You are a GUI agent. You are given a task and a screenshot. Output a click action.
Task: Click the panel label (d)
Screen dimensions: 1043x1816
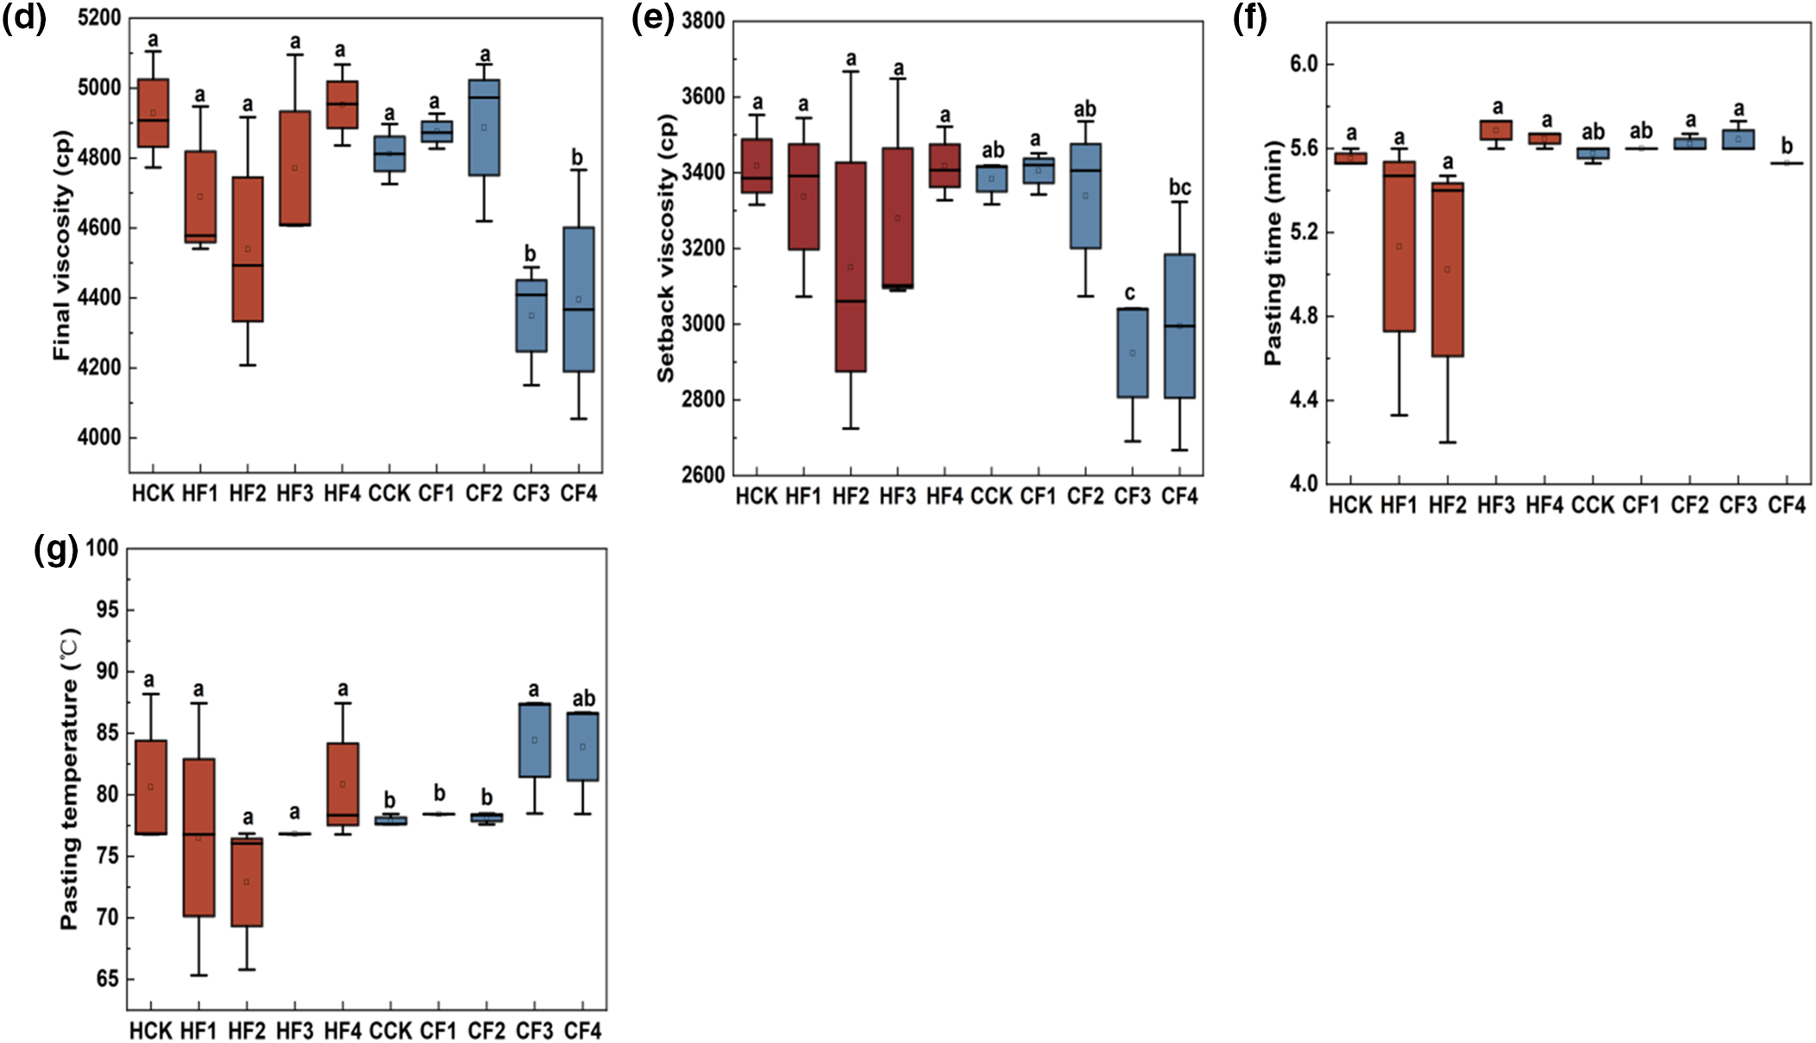click(23, 18)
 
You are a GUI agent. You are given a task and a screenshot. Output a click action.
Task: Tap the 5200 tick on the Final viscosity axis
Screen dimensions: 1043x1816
click(99, 18)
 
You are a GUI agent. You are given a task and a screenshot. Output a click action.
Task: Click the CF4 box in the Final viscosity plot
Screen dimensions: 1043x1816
click(578, 299)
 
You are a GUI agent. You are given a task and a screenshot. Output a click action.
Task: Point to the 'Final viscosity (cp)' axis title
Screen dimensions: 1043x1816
click(61, 246)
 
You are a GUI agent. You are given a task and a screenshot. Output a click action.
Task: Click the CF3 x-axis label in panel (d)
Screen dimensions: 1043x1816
click(531, 493)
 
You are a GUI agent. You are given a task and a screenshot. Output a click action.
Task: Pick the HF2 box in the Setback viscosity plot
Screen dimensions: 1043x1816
click(851, 267)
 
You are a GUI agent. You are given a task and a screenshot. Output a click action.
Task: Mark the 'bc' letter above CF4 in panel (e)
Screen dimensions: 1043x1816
click(1179, 187)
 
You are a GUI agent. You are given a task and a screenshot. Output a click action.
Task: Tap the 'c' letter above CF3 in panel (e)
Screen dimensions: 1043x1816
click(1130, 293)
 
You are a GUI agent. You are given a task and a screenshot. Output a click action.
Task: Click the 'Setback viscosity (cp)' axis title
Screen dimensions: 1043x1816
click(665, 248)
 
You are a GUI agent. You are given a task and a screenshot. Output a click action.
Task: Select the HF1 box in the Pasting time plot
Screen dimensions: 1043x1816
click(1399, 246)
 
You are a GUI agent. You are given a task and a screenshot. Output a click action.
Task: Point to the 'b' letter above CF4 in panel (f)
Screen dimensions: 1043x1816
click(1787, 146)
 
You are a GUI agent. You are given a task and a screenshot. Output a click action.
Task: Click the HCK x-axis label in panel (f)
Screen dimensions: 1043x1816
click(1350, 506)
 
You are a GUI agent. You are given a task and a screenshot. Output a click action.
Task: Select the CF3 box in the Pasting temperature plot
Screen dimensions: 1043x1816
click(535, 740)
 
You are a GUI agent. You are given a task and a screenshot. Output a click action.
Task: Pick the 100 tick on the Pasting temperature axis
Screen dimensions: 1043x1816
click(102, 548)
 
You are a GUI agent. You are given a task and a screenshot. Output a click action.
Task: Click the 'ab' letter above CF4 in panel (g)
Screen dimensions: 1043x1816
click(584, 698)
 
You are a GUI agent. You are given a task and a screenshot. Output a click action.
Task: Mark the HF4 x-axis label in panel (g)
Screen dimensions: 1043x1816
click(342, 1031)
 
